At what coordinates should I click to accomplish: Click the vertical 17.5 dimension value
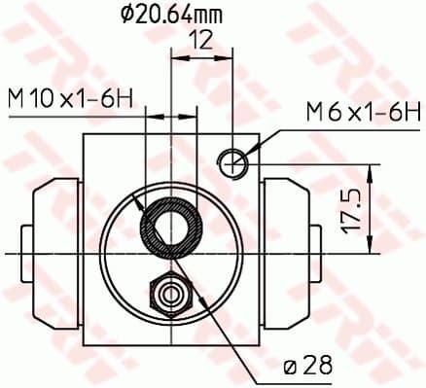point(353,210)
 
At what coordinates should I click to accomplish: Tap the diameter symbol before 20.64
point(126,16)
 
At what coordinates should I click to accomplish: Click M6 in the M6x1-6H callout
point(316,113)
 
